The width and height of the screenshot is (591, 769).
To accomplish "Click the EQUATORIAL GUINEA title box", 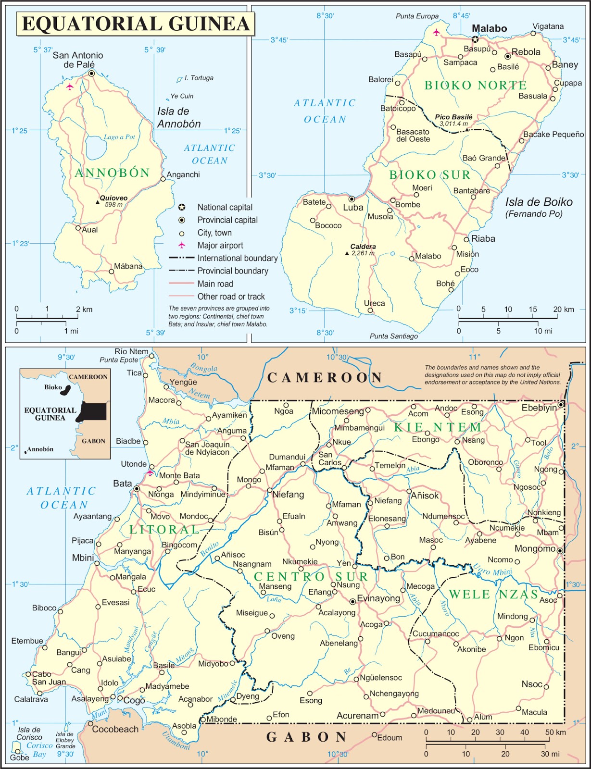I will [x=136, y=24].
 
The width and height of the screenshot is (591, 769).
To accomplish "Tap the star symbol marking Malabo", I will [x=475, y=39].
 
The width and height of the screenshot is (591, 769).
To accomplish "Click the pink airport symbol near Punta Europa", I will [x=436, y=33].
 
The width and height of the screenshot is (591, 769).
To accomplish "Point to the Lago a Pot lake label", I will [x=119, y=137].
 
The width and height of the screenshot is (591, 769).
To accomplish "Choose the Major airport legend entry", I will [x=220, y=246].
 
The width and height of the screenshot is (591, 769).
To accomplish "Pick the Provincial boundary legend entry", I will [x=232, y=271].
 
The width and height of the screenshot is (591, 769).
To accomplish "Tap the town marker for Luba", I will [x=352, y=199].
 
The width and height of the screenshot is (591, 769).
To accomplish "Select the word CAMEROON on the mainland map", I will [x=325, y=378].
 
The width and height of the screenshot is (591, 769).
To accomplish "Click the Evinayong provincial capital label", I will [x=378, y=598].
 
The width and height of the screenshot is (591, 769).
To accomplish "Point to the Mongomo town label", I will [x=535, y=549].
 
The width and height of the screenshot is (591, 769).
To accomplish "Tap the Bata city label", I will [x=122, y=484].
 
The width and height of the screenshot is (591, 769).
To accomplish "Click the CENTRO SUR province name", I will [x=311, y=577].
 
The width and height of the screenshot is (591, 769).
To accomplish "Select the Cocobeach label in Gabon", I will [x=115, y=729].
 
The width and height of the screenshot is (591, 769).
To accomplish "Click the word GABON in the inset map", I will [x=93, y=441].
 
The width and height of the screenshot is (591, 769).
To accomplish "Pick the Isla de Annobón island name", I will [x=178, y=118].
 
